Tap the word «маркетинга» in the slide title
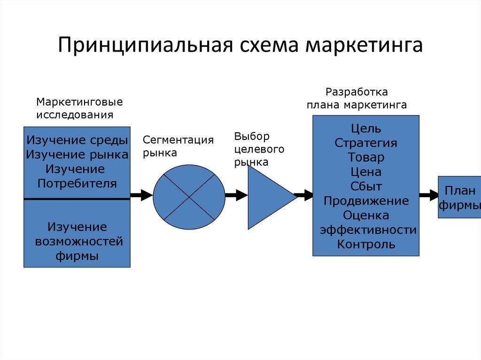tap(364, 46)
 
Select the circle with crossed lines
tap(189, 197)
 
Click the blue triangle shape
tap(268, 197)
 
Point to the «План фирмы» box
tap(459, 198)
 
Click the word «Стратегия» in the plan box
tap(366, 143)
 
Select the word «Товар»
tap(366, 157)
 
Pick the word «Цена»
tap(366, 172)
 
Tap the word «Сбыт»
tap(366, 186)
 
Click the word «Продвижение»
tap(366, 201)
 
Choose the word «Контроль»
tap(366, 244)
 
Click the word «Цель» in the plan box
tap(366, 128)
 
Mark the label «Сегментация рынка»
tap(178, 146)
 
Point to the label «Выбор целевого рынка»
tap(259, 149)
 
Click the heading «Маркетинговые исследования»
tap(79, 108)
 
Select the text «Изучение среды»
tap(77, 140)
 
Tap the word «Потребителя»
tap(77, 183)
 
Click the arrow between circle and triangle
tap(236, 195)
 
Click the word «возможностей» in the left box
tap(79, 241)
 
